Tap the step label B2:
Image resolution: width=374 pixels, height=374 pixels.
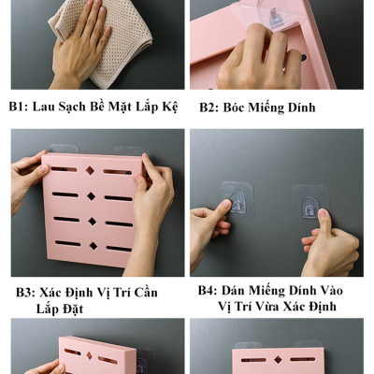209,108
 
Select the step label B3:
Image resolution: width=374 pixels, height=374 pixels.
26,293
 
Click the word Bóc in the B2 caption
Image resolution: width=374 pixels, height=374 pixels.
237,108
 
